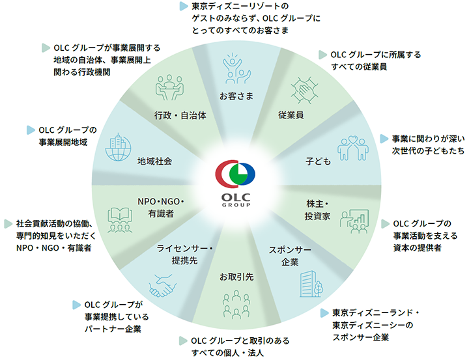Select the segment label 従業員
click(x=291, y=115)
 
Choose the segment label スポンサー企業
click(x=283, y=256)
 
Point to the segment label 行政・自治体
click(x=180, y=116)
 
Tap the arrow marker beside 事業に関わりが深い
click(x=384, y=138)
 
